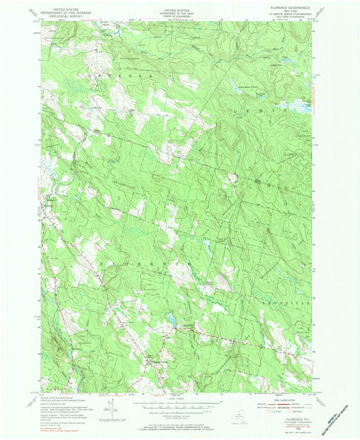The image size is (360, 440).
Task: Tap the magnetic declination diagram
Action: (x=108, y=409)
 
